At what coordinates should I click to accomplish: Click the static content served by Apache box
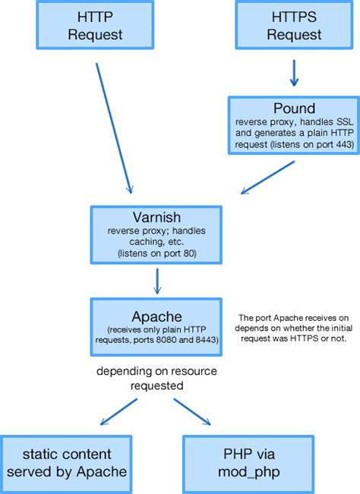67,463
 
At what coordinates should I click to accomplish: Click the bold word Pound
292,108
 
